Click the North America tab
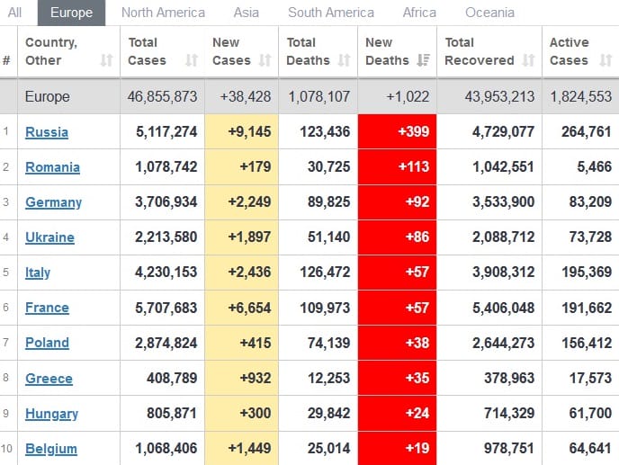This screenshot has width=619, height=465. coord(163,13)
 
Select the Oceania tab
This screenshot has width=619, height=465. coord(489,13)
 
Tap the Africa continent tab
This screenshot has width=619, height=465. coord(419,13)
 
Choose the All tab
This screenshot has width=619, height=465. coord(15,13)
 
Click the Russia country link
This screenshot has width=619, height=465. coord(47,132)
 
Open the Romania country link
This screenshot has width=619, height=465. coord(52,167)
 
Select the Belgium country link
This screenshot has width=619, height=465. coord(51,449)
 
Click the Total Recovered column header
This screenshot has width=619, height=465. coord(479,51)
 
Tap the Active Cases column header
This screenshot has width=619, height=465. coord(570,51)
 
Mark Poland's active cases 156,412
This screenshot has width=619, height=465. coord(580,343)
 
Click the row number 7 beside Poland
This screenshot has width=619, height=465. coord(6,343)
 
